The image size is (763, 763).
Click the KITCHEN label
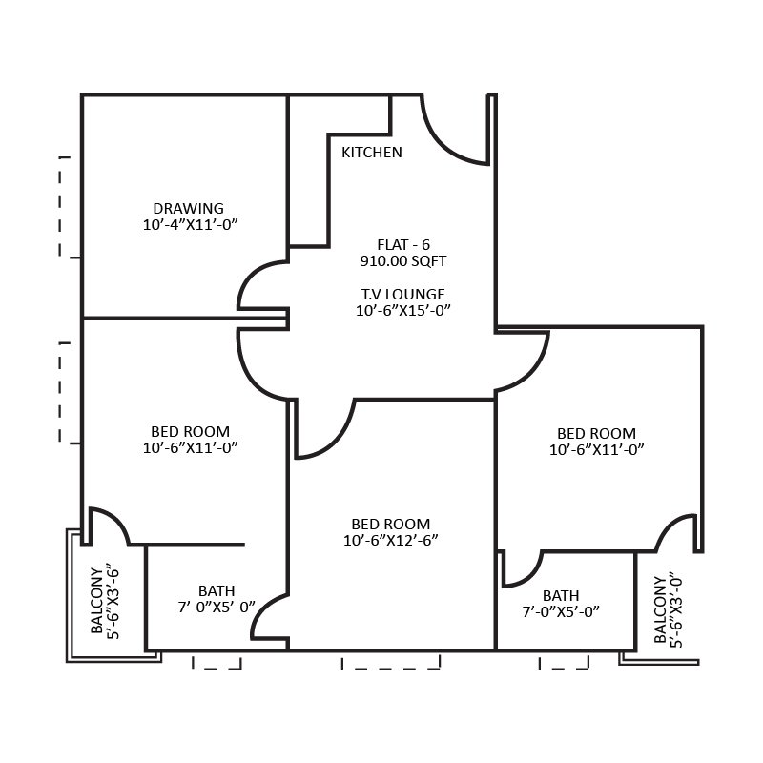(x=372, y=153)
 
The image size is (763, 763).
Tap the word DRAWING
(x=188, y=208)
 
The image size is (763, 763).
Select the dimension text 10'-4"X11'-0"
(x=188, y=225)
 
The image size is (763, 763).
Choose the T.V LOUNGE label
(x=402, y=294)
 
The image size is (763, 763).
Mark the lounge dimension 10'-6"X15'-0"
(x=402, y=310)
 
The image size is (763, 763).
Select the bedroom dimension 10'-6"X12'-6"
(x=390, y=540)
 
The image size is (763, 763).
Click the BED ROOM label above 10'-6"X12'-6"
(x=390, y=524)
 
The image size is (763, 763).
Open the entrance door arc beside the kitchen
(x=454, y=134)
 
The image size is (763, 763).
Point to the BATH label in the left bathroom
(x=217, y=591)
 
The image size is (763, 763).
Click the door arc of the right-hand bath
(x=521, y=569)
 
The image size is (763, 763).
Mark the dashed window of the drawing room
(x=67, y=207)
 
